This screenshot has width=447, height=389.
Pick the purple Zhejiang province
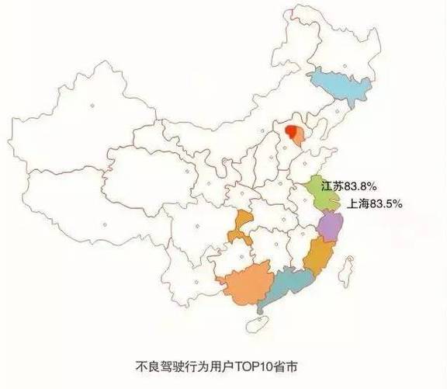(331, 227)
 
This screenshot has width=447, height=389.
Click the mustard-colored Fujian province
(317, 256)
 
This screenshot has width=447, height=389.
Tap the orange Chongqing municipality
(241, 227)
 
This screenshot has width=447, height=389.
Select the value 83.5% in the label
(385, 203)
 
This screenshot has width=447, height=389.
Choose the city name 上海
(358, 203)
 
